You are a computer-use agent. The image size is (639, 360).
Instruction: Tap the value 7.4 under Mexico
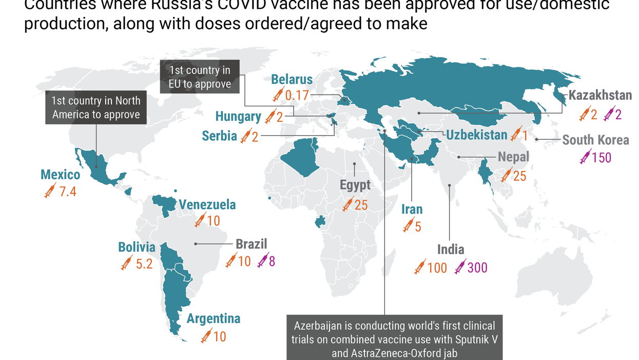click(x=67, y=192)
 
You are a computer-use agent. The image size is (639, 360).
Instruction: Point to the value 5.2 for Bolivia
click(x=143, y=264)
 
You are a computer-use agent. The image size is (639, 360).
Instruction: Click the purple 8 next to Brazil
click(x=272, y=261)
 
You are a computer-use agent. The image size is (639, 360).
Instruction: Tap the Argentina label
click(x=213, y=318)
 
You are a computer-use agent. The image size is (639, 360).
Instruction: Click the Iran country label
click(x=412, y=209)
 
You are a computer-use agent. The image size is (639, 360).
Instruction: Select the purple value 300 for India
click(x=477, y=268)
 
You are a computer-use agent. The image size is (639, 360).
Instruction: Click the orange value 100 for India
click(x=437, y=268)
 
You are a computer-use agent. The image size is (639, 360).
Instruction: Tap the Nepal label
click(x=513, y=157)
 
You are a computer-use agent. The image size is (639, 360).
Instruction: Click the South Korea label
click(x=595, y=140)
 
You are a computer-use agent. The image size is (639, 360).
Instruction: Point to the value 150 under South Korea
click(x=601, y=157)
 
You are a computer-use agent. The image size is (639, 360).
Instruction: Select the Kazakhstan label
click(x=600, y=96)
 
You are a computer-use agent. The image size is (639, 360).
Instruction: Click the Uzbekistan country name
click(x=477, y=135)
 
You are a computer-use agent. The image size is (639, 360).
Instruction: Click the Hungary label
click(x=238, y=117)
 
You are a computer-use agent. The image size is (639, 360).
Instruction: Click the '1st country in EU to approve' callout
click(x=200, y=77)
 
